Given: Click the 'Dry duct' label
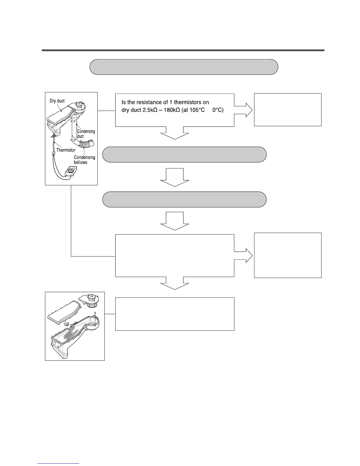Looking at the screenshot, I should (57, 101).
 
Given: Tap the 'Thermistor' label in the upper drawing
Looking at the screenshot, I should (66, 150).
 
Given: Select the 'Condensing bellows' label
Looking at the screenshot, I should (84, 160).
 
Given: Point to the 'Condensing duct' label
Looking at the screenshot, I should (86, 134).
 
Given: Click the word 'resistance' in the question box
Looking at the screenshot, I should (150, 102).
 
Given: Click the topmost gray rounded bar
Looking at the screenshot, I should (184, 67).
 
